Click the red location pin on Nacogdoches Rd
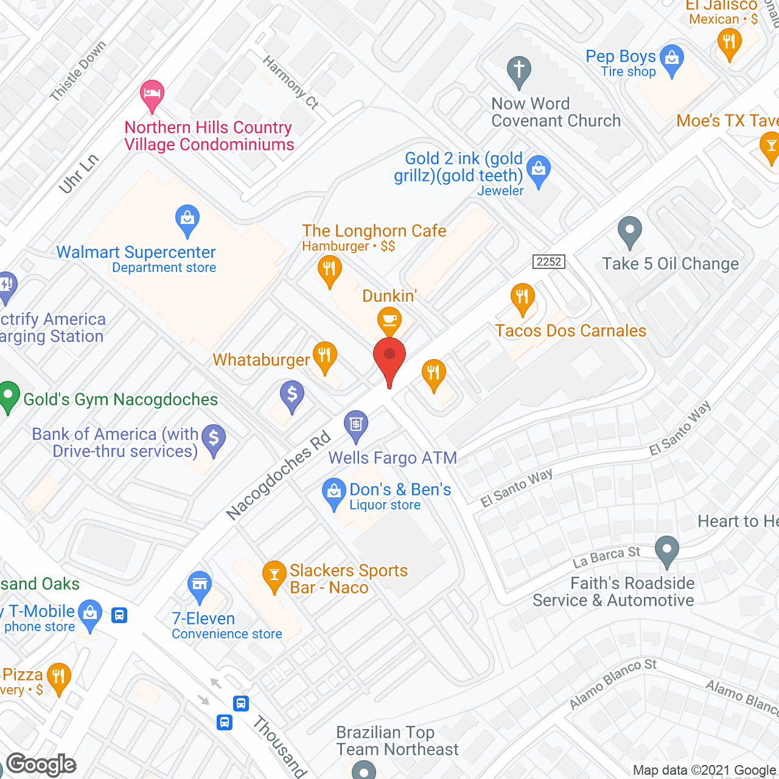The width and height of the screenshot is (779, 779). coord(389,356)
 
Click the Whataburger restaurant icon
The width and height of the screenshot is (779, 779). coord(324,355)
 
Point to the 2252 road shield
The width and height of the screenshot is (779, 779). coord(548,262)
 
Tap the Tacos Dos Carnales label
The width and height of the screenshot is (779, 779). coord(570,330)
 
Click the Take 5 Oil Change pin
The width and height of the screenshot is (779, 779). coord(630,231)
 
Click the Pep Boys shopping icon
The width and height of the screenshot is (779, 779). coord(672,60)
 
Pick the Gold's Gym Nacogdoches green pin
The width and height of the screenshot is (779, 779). coord(9,396)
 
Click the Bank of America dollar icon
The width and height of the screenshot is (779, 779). coord(214,438)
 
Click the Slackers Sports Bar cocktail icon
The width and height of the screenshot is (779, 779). coord(274,575)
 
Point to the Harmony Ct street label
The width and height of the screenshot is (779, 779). coord(290,82)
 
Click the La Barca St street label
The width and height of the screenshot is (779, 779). coord(606,556)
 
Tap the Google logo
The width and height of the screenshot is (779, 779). coord(41,764)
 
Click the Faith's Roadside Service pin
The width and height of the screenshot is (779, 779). coord(667,550)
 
